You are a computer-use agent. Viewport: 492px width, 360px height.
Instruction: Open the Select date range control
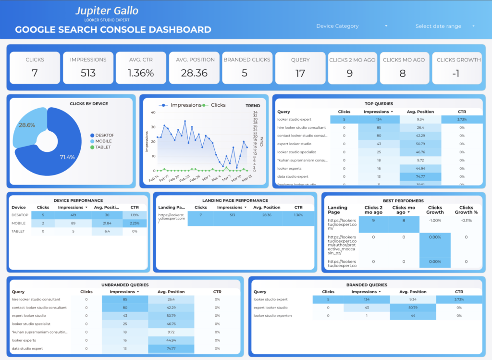pyautogui.click(x=444, y=26)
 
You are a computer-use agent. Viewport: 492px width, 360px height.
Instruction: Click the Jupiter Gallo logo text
pyautogui.click(x=107, y=11)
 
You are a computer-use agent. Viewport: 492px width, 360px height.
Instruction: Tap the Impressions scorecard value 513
pyautogui.click(x=88, y=73)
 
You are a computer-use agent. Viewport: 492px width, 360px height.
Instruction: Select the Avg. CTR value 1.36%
pyautogui.click(x=141, y=73)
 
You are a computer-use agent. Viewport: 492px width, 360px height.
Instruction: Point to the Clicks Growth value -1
pyautogui.click(x=458, y=73)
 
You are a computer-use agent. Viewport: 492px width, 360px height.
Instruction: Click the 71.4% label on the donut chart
pyautogui.click(x=67, y=157)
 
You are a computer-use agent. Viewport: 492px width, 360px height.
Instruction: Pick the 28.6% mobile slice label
pyautogui.click(x=27, y=125)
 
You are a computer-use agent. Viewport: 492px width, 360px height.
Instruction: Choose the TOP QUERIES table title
pyautogui.click(x=379, y=103)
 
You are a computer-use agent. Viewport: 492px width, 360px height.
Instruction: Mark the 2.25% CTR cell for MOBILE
pyautogui.click(x=134, y=223)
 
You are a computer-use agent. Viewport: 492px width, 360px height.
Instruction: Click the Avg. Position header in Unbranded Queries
pyautogui.click(x=171, y=291)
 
